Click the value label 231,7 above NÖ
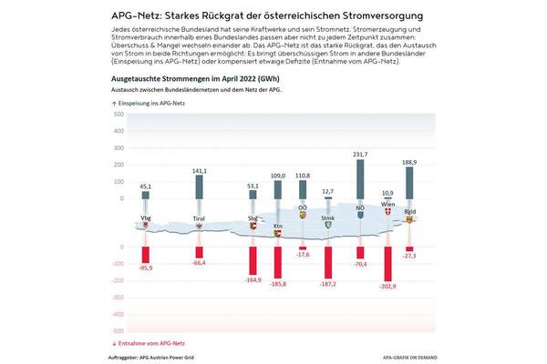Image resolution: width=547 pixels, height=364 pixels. click(361, 155)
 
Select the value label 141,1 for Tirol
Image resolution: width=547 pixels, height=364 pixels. click(200, 170)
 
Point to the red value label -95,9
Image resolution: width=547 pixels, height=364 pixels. click(146, 268)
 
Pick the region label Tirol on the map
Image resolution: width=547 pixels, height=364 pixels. click(200, 218)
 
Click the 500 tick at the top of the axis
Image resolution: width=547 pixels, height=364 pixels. click(118, 116)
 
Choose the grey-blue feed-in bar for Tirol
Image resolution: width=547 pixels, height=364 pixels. click(200, 193)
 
